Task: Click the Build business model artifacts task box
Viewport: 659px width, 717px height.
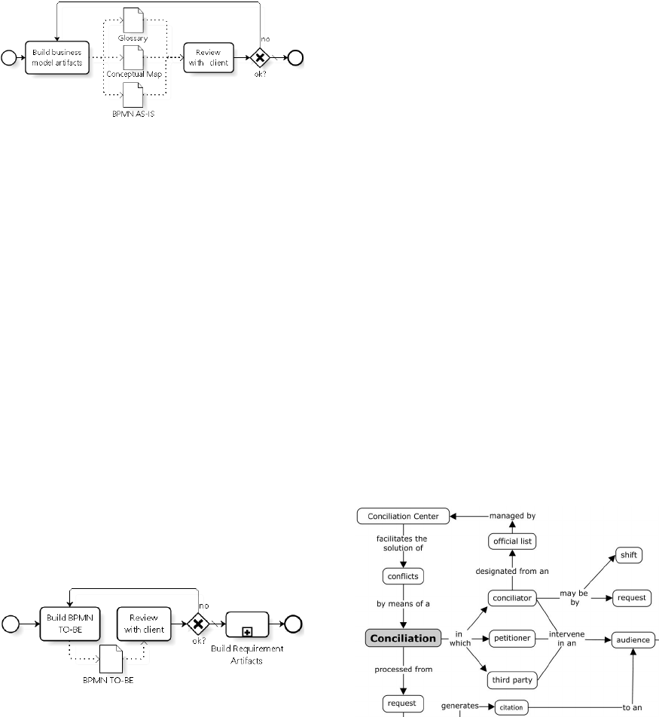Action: tap(57, 57)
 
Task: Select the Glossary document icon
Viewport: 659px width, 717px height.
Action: tap(133, 20)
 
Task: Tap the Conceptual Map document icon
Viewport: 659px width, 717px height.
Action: tap(133, 56)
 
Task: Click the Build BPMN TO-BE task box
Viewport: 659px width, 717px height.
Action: tap(70, 623)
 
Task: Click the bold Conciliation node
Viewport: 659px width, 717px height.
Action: tap(402, 638)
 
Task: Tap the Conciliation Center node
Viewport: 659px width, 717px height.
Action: tap(403, 517)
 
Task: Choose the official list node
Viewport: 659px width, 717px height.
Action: tap(511, 542)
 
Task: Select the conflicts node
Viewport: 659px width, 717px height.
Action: tap(402, 577)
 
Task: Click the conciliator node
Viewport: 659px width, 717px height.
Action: tap(511, 599)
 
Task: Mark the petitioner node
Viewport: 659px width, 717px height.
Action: tap(511, 639)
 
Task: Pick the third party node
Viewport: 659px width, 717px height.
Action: tap(511, 680)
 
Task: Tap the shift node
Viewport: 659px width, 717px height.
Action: tap(628, 555)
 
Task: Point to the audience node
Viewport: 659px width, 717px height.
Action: tap(632, 639)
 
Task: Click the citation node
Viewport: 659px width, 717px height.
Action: tap(511, 708)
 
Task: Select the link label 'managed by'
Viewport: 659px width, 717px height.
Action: tap(512, 516)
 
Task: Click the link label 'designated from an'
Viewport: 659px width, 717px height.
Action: tap(511, 571)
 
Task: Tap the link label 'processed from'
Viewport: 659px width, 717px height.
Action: tap(402, 668)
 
